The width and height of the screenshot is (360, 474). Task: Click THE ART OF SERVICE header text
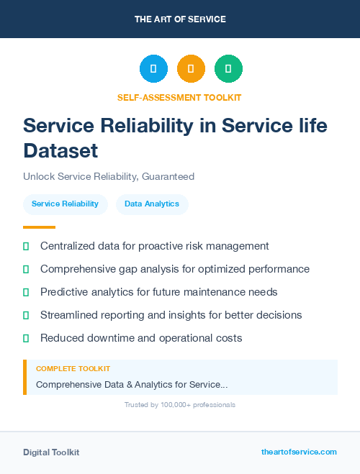pos(180,19)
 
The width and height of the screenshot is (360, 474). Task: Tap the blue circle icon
pos(153,69)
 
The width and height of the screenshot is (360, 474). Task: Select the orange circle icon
pos(191,69)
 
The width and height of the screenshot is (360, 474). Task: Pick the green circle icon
pos(228,69)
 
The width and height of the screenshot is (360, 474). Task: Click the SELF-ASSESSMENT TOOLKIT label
pos(179,97)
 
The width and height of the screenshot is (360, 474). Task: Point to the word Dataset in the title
pos(60,150)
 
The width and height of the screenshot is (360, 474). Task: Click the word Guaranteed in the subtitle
pos(168,176)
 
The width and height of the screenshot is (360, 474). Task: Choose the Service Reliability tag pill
pos(65,204)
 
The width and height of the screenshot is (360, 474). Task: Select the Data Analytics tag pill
pos(152,204)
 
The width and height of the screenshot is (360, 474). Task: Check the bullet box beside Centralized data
pos(26,246)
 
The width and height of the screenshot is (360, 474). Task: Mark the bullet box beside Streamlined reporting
pos(26,315)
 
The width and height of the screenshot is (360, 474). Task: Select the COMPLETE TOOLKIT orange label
pos(73,368)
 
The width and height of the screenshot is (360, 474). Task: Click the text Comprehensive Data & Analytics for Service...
pos(132,385)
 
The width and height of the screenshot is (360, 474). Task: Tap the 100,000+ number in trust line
pos(170,405)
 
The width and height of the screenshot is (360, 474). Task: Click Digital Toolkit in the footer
pos(51,452)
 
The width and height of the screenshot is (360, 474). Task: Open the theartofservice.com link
pos(299,452)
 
